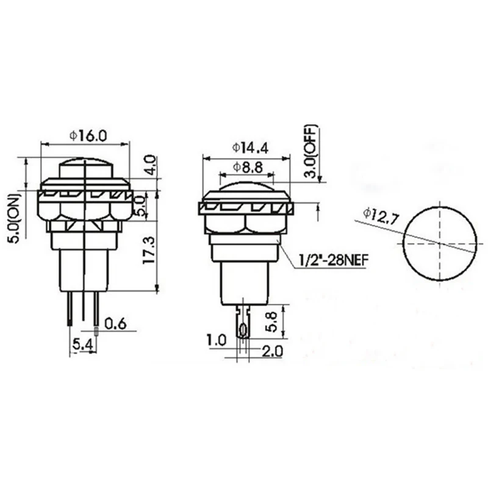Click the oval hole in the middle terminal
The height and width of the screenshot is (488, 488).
[243, 329]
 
